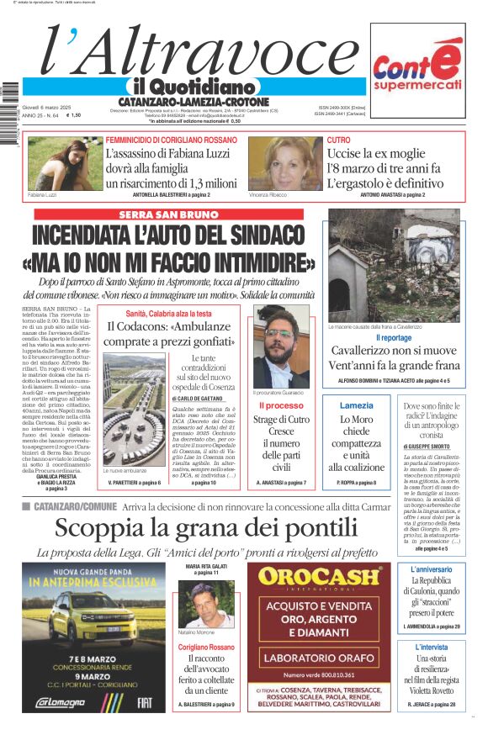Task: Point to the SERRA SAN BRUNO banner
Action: pyautogui.click(x=169, y=215)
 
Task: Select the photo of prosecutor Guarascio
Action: pyautogui.click(x=282, y=345)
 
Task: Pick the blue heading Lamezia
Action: pyautogui.click(x=356, y=405)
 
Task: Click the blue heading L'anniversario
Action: pyautogui.click(x=431, y=570)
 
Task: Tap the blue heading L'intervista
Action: pyautogui.click(x=431, y=648)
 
